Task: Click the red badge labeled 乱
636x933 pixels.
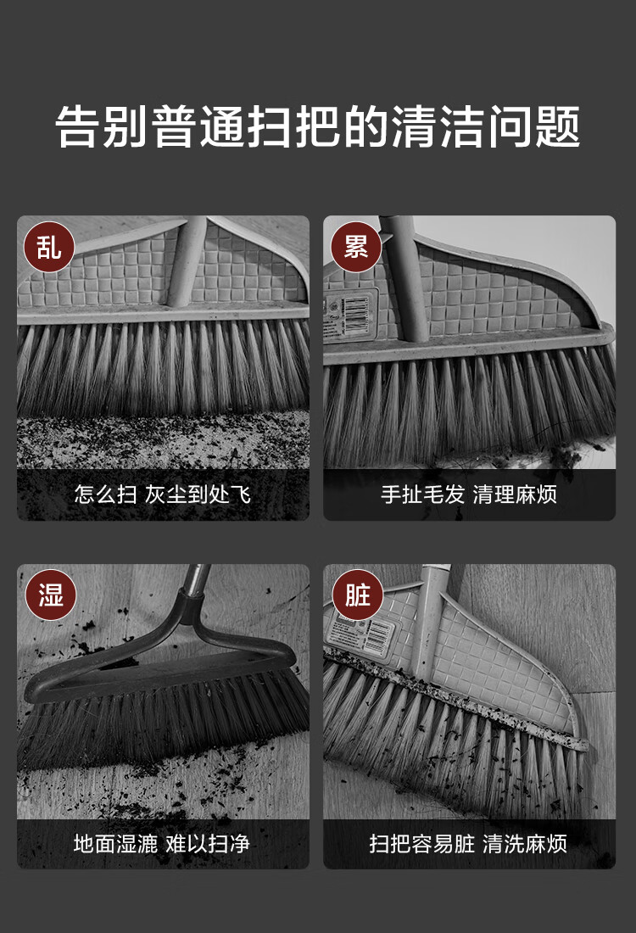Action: point(49,247)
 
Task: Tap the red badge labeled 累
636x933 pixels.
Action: point(356,247)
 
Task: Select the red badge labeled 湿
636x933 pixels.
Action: point(50,595)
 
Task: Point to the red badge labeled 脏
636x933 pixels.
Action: point(357,595)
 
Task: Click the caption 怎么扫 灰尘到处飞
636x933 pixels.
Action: point(163,494)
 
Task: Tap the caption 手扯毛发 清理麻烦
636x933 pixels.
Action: point(469,494)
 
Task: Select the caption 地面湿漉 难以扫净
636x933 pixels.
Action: point(162,843)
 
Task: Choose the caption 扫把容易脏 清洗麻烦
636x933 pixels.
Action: point(468,843)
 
